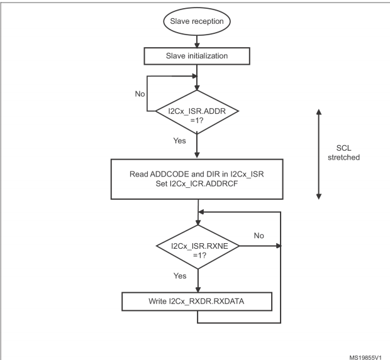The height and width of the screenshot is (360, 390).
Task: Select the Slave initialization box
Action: coord(197,56)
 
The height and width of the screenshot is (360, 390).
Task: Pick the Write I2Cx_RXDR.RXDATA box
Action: coord(197,302)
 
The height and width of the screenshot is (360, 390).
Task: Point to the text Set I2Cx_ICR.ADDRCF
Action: coord(197,184)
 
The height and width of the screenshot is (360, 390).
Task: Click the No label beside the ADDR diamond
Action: coord(140,94)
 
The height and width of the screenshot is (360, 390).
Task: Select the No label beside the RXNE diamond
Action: coord(259,236)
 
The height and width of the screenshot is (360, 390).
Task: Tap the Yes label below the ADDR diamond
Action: coord(179,141)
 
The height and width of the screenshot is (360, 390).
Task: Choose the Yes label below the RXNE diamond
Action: coord(180,276)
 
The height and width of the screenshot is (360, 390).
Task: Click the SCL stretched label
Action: coord(343,153)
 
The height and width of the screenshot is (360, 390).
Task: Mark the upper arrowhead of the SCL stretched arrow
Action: coord(319,112)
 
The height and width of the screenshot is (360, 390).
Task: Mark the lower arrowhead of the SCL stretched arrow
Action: coord(319,197)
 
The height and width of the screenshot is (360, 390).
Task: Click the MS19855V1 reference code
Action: coord(365,357)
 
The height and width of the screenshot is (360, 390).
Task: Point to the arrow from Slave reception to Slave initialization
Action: coord(197,41)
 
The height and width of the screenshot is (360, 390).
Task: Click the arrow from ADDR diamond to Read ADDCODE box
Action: coord(197,146)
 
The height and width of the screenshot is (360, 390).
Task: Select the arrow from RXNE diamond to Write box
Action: coord(198,281)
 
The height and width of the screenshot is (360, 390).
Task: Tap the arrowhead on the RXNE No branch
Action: coord(279,246)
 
